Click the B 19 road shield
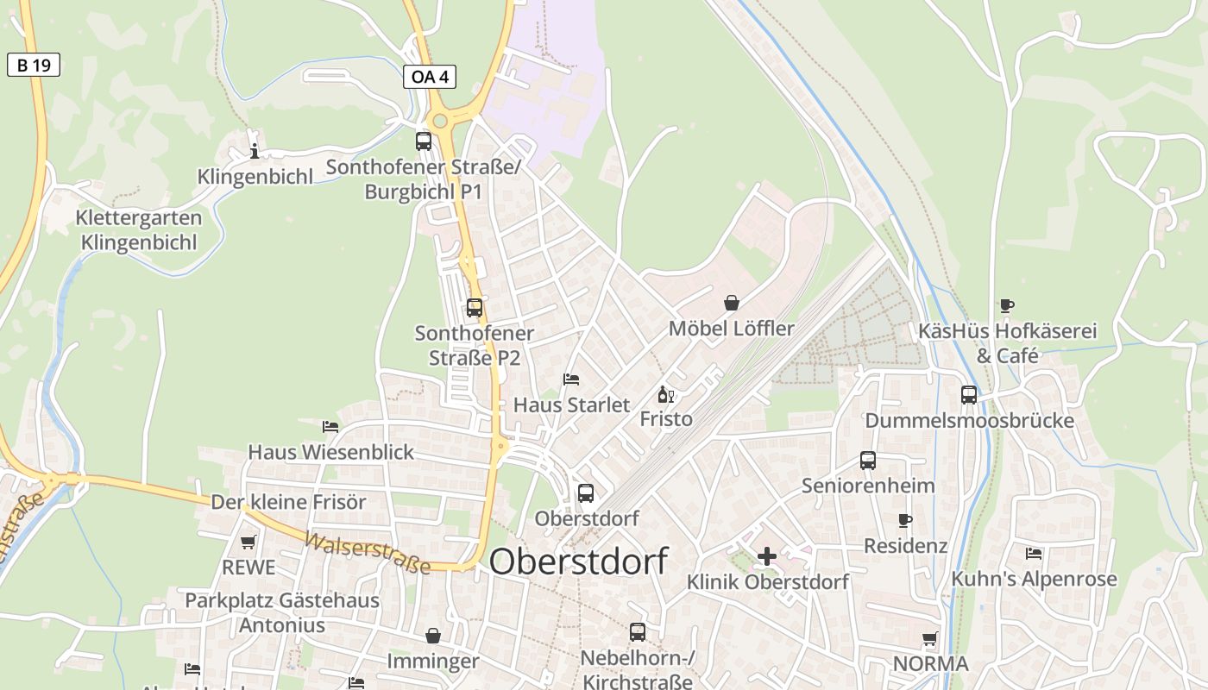34,65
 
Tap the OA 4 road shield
429,77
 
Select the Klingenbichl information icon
254,152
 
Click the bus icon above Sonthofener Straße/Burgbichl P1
424,141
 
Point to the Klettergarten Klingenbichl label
139,230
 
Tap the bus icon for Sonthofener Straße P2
474,307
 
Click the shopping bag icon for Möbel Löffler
732,303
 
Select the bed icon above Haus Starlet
571,379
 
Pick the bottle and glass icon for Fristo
665,395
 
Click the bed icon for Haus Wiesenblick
330,426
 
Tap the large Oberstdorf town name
578,561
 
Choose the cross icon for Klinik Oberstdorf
766,556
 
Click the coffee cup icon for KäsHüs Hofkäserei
1006,304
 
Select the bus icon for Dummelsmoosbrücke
969,395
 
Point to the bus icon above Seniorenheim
868,461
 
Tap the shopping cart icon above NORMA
930,639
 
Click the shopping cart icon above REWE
249,542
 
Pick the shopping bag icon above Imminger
433,636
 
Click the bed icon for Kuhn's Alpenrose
1034,553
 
